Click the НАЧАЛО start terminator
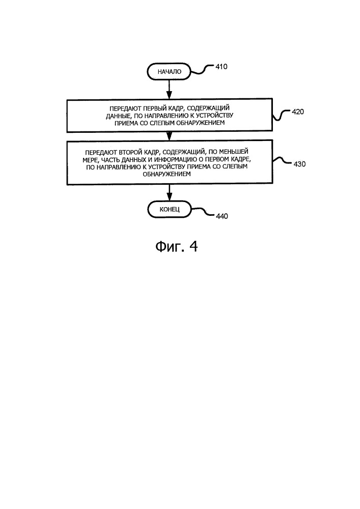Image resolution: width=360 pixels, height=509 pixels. tap(169, 71)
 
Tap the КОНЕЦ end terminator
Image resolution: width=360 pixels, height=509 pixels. tap(169, 209)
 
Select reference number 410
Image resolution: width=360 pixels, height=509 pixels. tap(221, 67)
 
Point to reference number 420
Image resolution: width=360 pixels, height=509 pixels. tap(298, 111)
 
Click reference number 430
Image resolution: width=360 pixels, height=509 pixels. tap(299, 164)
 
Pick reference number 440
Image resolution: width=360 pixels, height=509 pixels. tap(221, 216)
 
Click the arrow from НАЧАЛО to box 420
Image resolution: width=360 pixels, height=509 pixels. tap(169, 89)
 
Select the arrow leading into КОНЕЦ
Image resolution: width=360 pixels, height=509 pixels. tap(169, 193)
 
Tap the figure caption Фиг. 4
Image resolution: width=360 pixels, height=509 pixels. tap(176, 247)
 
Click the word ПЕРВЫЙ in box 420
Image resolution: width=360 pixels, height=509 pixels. tap(154, 108)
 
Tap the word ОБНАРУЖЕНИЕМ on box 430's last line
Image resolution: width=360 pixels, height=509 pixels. tap(167, 174)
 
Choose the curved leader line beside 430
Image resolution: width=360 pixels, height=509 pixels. tap(282, 161)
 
